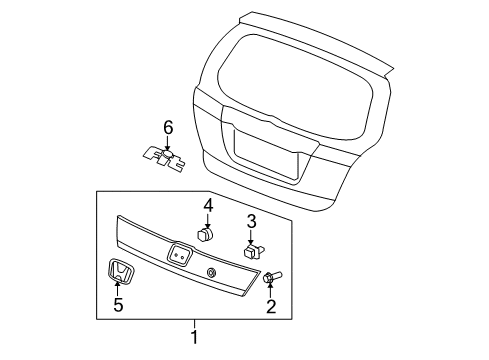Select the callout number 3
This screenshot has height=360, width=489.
click(x=251, y=221)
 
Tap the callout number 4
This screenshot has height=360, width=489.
click(x=208, y=206)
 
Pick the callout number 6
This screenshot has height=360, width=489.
click(x=168, y=127)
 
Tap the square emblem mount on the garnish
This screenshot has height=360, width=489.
click(x=180, y=256)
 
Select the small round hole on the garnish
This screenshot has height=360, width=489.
click(x=211, y=273)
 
